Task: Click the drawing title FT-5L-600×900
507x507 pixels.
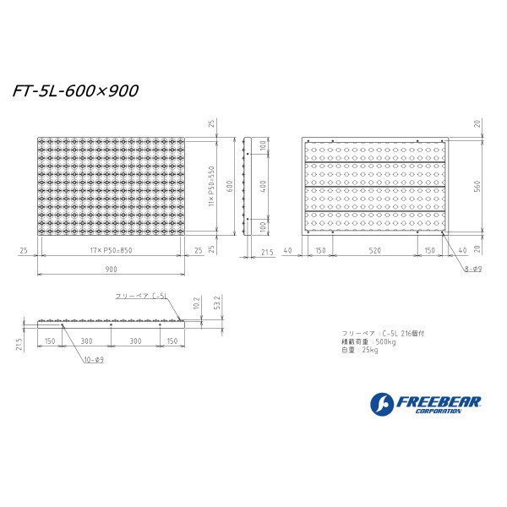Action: click(x=75, y=90)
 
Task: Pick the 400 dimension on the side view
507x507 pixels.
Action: click(x=263, y=183)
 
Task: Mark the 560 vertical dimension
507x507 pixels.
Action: click(x=477, y=186)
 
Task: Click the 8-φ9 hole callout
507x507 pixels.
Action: click(x=472, y=269)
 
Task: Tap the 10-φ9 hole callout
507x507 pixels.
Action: click(x=94, y=360)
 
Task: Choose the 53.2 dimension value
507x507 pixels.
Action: click(x=218, y=303)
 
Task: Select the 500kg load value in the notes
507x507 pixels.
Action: click(x=386, y=341)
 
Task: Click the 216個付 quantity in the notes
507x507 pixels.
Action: click(x=413, y=333)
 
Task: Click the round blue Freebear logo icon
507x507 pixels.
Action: click(x=382, y=404)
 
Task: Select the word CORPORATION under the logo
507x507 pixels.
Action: click(x=439, y=412)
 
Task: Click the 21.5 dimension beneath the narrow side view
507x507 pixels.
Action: click(x=267, y=251)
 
